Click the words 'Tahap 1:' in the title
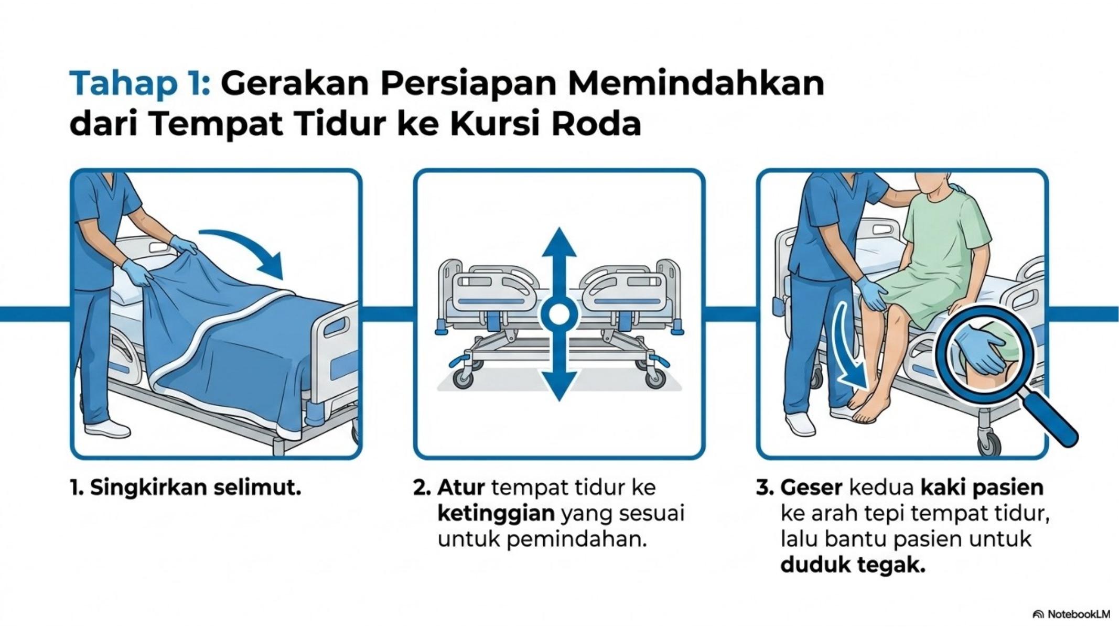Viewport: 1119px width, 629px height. (x=140, y=83)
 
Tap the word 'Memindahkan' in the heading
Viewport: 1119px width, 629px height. (x=696, y=83)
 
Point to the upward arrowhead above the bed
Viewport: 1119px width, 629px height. (x=559, y=243)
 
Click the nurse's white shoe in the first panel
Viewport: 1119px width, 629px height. (x=107, y=428)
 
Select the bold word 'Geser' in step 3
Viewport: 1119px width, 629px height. (x=811, y=488)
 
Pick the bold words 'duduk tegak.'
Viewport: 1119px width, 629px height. (x=853, y=565)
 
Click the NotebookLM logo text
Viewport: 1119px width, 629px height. (x=1072, y=614)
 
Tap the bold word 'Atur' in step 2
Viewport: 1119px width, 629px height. (x=460, y=488)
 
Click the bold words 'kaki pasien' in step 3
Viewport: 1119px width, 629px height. (x=982, y=488)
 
